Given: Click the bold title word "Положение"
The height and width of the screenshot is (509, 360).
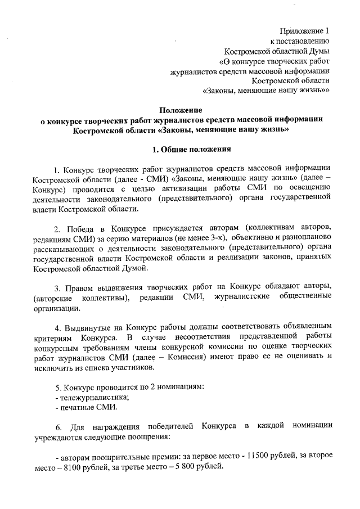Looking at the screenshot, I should (180, 110).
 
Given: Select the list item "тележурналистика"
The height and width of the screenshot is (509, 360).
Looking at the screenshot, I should (91, 398).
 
